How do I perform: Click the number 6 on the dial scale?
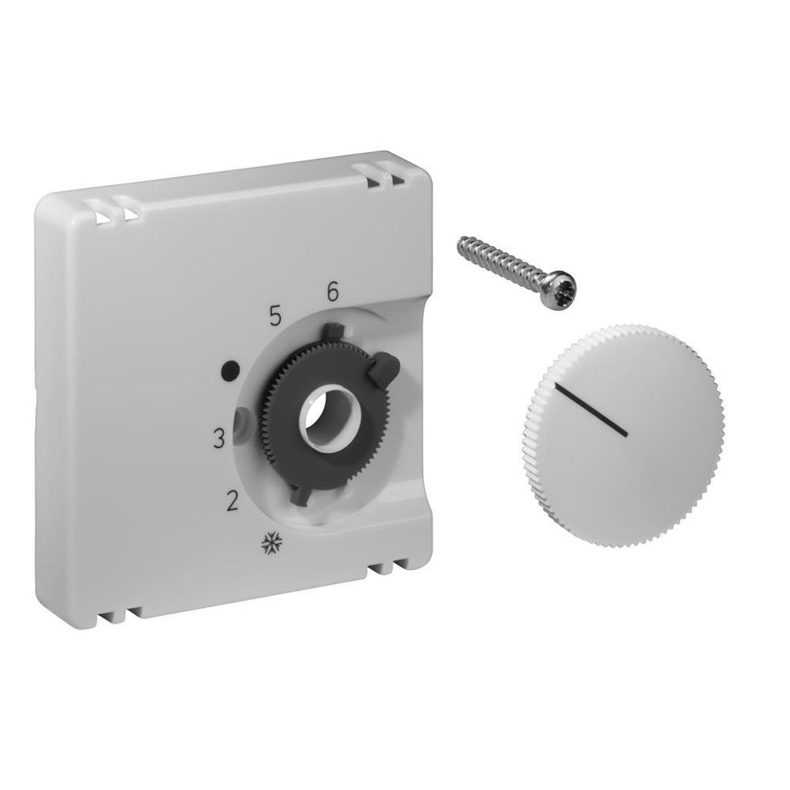click(x=333, y=292)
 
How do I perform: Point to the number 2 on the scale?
click(x=230, y=501)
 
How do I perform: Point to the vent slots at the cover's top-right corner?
click(x=383, y=176)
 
